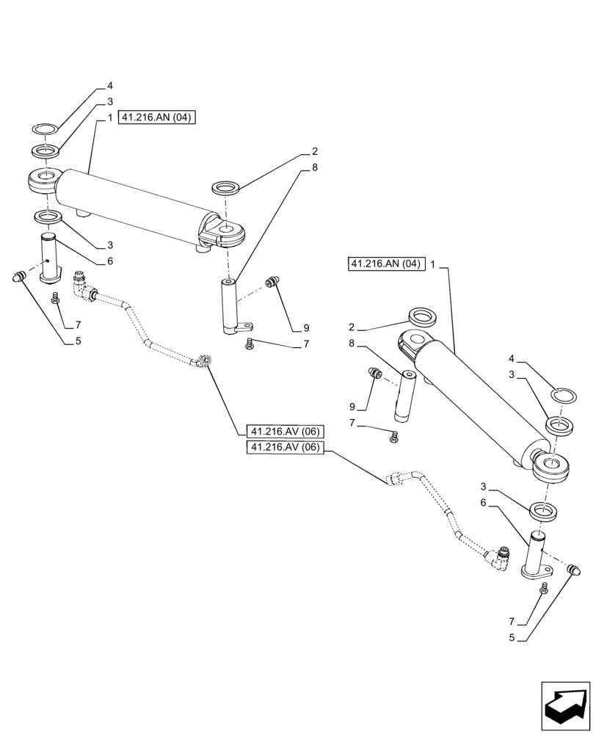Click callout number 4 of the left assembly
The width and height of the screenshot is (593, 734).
pyautogui.click(x=110, y=86)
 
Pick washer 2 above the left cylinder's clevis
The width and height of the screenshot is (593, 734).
pyautogui.click(x=225, y=189)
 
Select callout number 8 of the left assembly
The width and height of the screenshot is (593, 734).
pyautogui.click(x=314, y=167)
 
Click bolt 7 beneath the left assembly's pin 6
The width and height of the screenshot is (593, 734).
pyautogui.click(x=55, y=299)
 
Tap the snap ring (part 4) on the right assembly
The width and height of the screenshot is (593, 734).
pyautogui.click(x=564, y=393)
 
